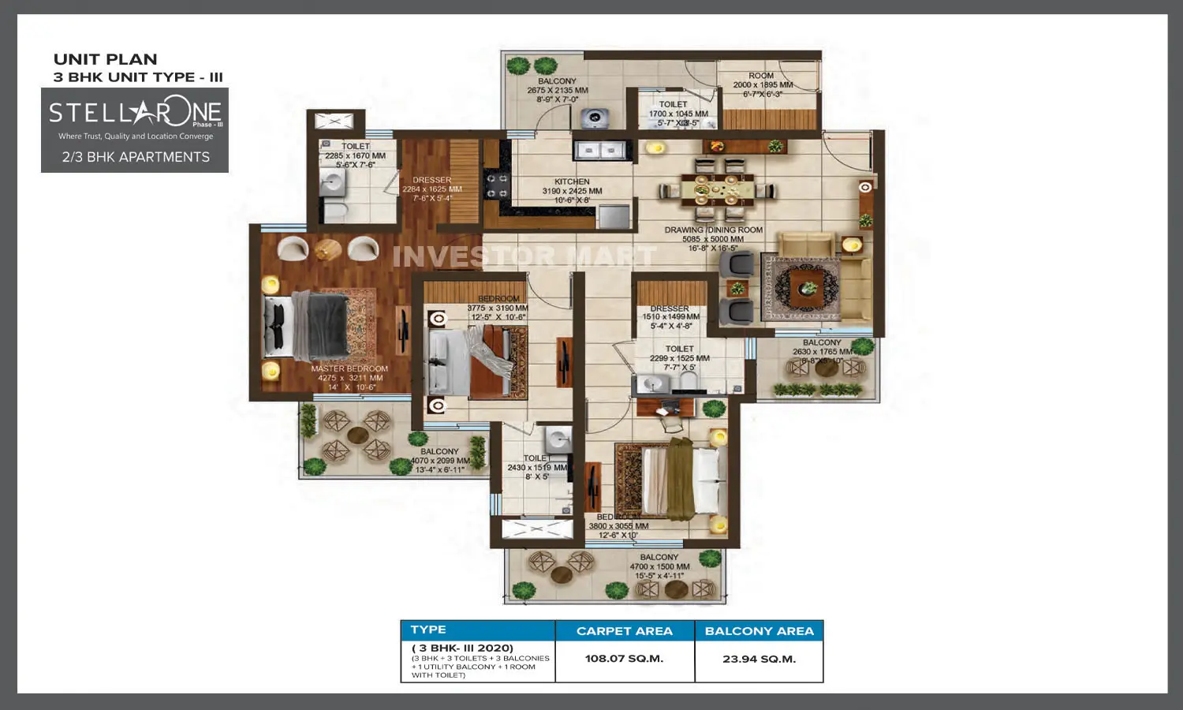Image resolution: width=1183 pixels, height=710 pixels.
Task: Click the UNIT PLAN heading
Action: point(105,59)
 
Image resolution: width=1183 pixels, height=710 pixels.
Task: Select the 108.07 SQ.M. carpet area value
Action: point(624,659)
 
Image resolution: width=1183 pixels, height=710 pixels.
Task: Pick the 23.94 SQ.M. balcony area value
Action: point(759,659)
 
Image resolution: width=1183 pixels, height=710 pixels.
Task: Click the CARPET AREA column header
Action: point(624,631)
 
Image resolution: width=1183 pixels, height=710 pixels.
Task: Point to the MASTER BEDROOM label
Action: point(349,369)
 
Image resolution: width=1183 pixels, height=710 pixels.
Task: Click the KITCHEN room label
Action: point(572,182)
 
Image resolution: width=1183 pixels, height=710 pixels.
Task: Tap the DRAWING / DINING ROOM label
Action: point(713,230)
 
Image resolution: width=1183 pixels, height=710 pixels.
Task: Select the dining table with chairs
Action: point(717,189)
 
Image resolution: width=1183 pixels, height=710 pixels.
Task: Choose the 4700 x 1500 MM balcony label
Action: point(659,566)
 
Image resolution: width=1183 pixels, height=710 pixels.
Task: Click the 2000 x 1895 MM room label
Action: point(762,85)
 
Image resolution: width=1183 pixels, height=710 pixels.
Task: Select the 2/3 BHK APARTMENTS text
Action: point(136,157)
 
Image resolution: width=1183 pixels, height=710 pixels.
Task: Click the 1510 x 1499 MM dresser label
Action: point(670,317)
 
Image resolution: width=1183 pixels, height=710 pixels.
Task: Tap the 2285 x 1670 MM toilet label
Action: point(355,156)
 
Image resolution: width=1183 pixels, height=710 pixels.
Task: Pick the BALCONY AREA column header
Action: point(759,631)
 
